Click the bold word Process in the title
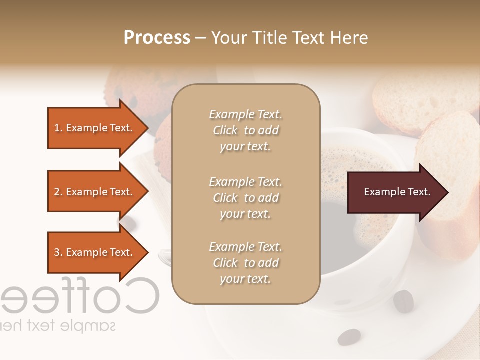(157, 38)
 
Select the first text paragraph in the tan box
(245, 130)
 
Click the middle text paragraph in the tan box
(245, 198)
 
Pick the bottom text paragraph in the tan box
(245, 263)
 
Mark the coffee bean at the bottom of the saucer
(349, 337)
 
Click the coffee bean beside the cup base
(403, 301)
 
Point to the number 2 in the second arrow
(57, 192)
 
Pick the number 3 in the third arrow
(57, 252)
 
